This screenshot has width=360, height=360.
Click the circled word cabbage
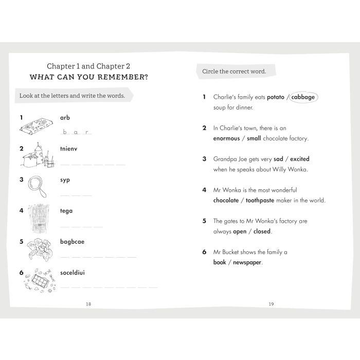pyautogui.click(x=303, y=97)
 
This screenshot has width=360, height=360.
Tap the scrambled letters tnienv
pyautogui.click(x=68, y=149)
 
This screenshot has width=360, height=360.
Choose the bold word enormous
pyautogui.click(x=227, y=138)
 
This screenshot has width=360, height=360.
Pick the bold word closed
pyautogui.click(x=262, y=231)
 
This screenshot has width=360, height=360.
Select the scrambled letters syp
pyautogui.click(x=65, y=179)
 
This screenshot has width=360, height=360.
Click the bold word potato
pyautogui.click(x=275, y=97)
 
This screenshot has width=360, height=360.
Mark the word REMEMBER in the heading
pyautogui.click(x=121, y=78)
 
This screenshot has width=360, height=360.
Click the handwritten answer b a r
pyautogui.click(x=77, y=132)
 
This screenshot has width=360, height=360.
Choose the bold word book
pyautogui.click(x=220, y=262)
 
